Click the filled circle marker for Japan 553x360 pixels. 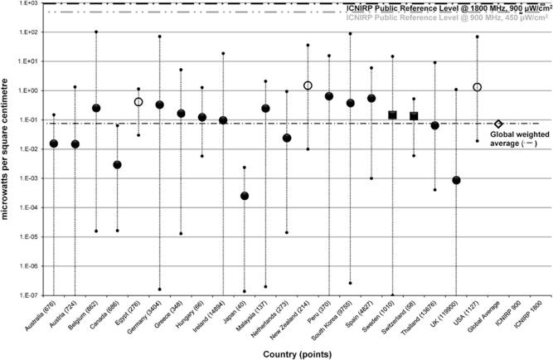(244, 196)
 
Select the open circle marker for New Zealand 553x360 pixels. (308, 85)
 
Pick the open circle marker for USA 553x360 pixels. (478, 87)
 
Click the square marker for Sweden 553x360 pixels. (393, 114)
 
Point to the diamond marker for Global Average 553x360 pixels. (498, 124)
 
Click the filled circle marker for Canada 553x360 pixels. (118, 164)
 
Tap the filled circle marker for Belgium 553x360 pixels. (96, 108)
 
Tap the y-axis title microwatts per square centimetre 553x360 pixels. (7, 149)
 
